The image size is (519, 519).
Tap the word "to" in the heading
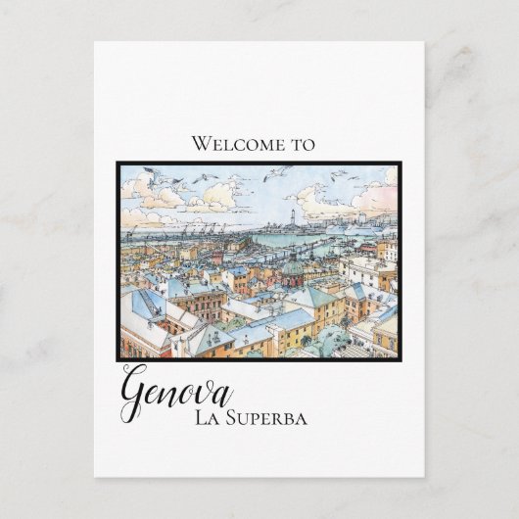point(303,144)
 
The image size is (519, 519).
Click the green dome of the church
point(292,266)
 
